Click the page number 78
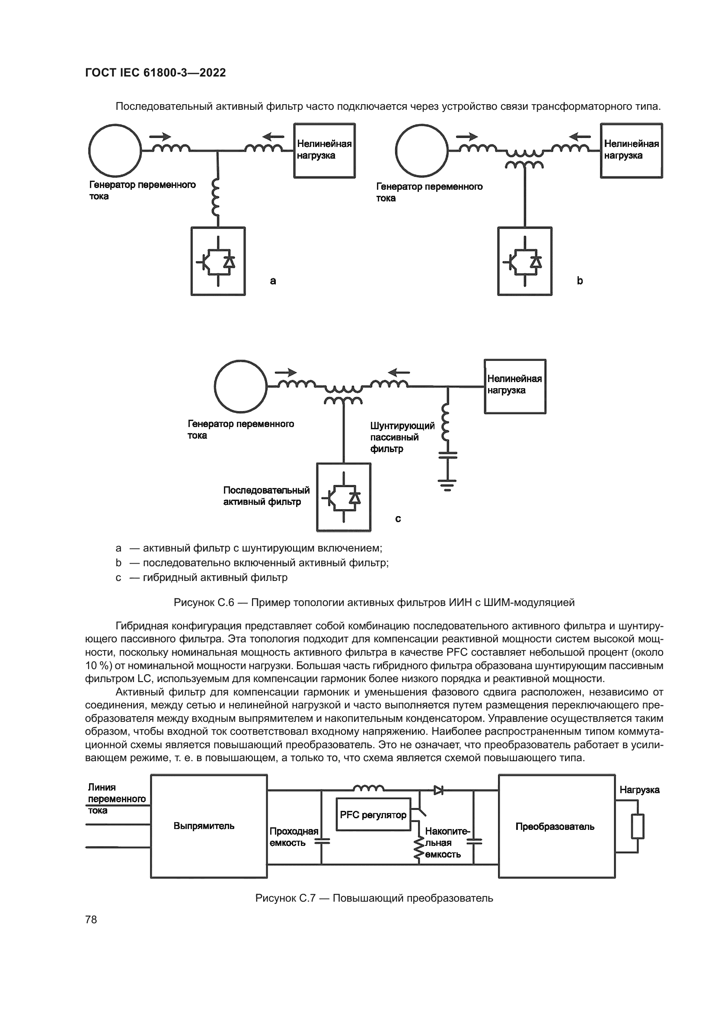pos(91,919)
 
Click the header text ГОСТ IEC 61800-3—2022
pos(156,73)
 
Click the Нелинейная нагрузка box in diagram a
pos(325,150)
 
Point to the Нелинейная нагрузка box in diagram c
pos(515,386)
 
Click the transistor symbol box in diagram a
pos(218,261)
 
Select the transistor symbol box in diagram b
pos(525,261)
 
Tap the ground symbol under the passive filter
pos(447,485)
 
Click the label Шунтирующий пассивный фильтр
pos(402,437)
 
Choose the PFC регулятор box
pos(373,815)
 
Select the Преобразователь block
pos(556,826)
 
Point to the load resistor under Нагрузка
pos(637,826)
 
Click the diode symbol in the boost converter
pos(438,791)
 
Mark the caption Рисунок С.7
pos(374,898)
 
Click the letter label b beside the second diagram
pos(580,281)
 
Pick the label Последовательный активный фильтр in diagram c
pos(266,496)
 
